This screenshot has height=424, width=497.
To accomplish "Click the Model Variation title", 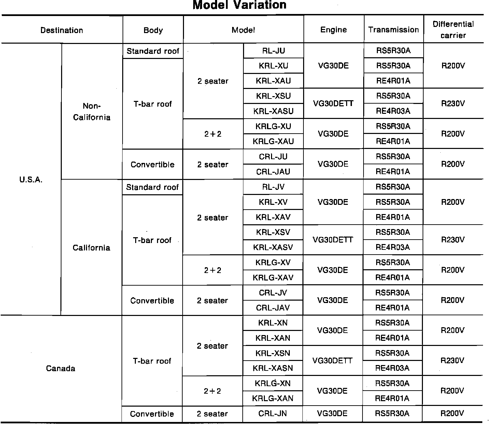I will click(x=239, y=5).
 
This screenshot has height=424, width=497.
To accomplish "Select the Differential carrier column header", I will click(x=453, y=30).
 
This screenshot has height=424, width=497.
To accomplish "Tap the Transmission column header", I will click(x=393, y=30).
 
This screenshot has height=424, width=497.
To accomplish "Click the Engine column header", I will click(x=333, y=30).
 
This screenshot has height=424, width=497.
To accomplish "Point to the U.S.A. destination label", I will click(x=31, y=180).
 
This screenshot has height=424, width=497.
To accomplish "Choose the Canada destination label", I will click(x=60, y=368).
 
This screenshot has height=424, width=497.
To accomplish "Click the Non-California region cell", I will click(x=91, y=112).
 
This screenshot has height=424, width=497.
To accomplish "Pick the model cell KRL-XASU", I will click(x=273, y=111).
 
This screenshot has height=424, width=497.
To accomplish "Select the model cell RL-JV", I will click(x=273, y=187).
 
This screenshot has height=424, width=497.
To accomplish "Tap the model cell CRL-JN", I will click(x=272, y=414).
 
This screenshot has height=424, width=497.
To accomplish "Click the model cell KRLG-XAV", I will click(x=273, y=277).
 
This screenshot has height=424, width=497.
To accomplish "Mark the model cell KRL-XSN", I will click(x=273, y=353).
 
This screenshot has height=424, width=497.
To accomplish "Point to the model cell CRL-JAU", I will click(x=273, y=171).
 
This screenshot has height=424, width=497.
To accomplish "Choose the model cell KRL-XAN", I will click(x=273, y=338).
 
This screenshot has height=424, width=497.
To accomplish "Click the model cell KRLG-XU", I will click(x=273, y=126).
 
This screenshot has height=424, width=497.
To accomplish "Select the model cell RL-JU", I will click(x=273, y=51).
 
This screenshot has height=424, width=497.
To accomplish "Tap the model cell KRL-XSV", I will click(x=273, y=232).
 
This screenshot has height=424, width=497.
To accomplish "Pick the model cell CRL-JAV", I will click(x=273, y=308).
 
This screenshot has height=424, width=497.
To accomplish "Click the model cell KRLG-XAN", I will click(x=272, y=398).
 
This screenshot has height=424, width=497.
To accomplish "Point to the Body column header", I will click(x=153, y=30).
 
